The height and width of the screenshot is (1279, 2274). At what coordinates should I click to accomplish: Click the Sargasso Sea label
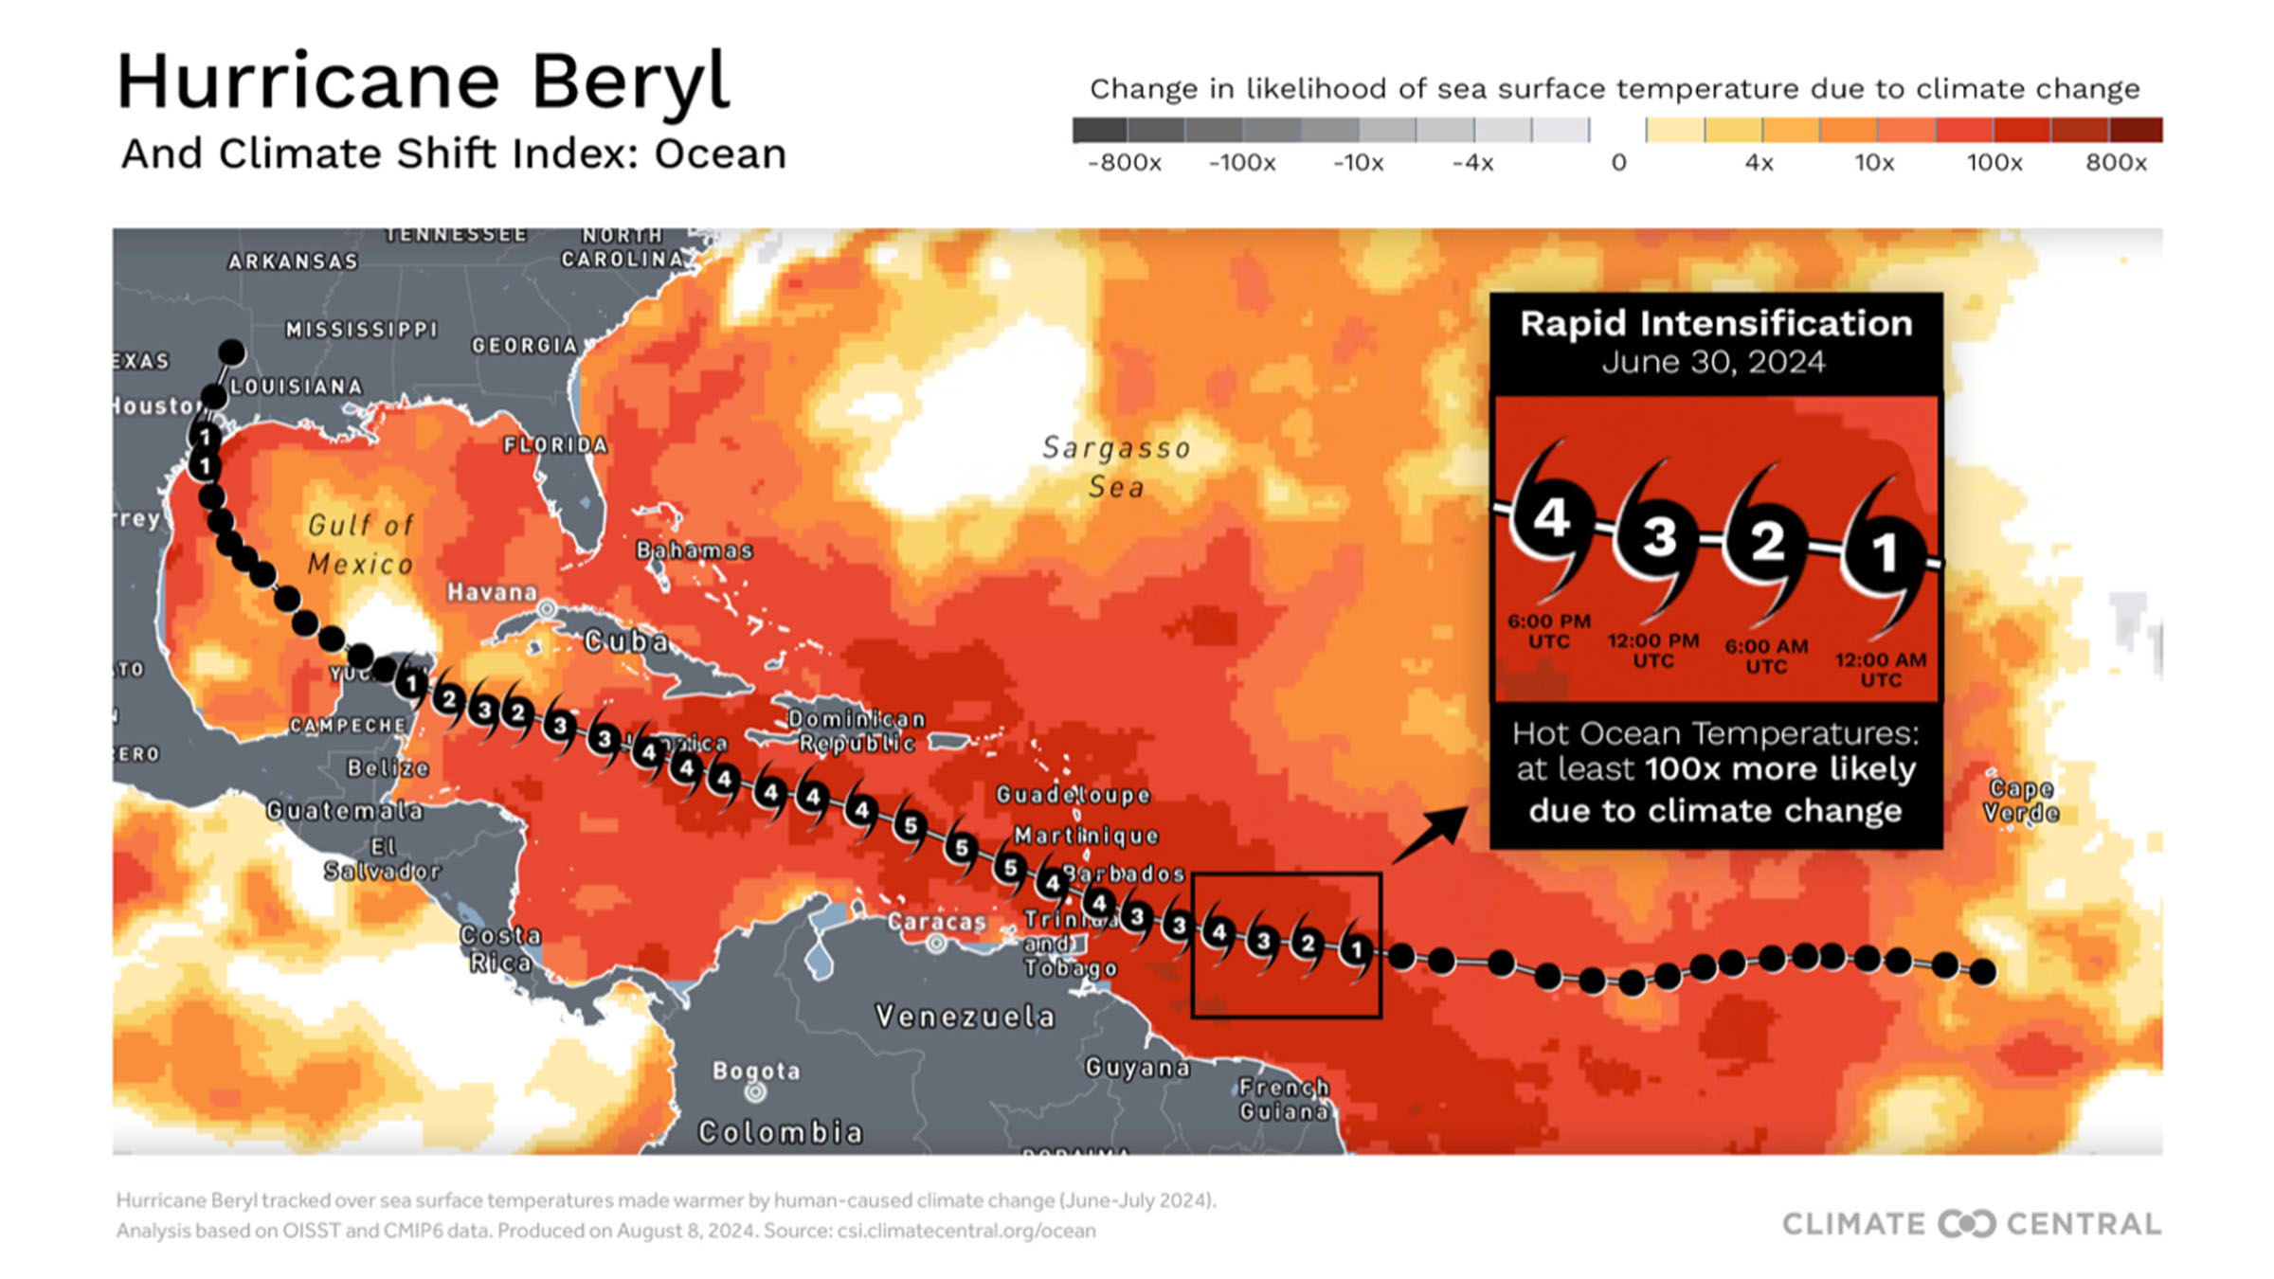pyautogui.click(x=1116, y=467)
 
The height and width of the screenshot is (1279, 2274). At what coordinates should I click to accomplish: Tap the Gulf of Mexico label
pyautogui.click(x=361, y=545)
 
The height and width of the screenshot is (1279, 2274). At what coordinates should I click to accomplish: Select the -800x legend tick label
pyautogui.click(x=1125, y=163)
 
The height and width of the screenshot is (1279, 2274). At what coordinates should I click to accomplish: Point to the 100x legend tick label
pyautogui.click(x=1994, y=163)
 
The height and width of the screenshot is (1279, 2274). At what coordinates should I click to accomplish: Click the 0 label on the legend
pyautogui.click(x=1618, y=163)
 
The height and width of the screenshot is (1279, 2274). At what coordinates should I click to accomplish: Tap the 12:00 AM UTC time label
pyautogui.click(x=1881, y=669)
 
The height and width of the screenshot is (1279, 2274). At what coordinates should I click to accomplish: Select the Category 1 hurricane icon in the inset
pyautogui.click(x=1885, y=553)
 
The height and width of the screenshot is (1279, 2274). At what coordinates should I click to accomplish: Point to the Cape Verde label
pyautogui.click(x=2021, y=801)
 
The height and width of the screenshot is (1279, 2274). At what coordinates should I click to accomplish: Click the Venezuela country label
pyautogui.click(x=965, y=1017)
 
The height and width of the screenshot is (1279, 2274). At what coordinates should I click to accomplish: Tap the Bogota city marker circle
pyautogui.click(x=755, y=1092)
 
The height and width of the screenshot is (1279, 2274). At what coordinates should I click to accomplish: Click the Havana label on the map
pyautogui.click(x=492, y=592)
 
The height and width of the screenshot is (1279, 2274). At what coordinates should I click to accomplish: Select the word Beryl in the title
pyautogui.click(x=630, y=83)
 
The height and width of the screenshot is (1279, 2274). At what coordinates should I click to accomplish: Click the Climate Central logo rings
pyautogui.click(x=1966, y=1223)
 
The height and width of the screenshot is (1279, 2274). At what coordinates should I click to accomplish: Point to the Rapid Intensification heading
pyautogui.click(x=1716, y=324)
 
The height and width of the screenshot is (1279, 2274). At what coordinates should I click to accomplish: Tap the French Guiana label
pyautogui.click(x=1284, y=1099)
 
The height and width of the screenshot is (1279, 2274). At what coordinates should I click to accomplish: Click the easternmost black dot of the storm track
pyautogui.click(x=1983, y=971)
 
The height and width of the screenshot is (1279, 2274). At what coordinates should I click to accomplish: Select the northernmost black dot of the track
pyautogui.click(x=232, y=352)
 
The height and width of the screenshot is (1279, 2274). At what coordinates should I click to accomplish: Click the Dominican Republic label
pyautogui.click(x=857, y=731)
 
